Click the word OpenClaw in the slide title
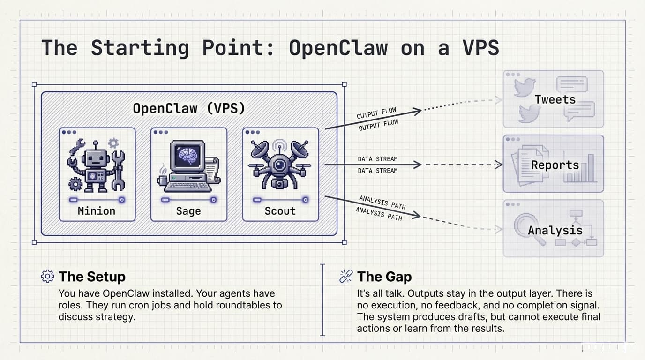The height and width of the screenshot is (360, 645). [x=338, y=48]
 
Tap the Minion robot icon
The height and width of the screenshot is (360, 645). [x=97, y=165]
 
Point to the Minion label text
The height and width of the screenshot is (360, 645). [x=97, y=211]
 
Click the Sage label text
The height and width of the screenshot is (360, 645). [x=188, y=211]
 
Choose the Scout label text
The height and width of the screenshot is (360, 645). [x=280, y=211]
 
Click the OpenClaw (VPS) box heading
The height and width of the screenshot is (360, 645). [x=188, y=108]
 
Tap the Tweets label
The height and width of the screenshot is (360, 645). [x=555, y=99]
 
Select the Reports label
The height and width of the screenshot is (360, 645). [x=555, y=165]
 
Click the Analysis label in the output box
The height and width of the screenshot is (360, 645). [x=555, y=230]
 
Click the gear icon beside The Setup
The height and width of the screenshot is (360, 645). [x=47, y=277]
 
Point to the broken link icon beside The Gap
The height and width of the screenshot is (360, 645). [x=346, y=277]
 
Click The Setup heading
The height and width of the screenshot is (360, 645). [x=92, y=277]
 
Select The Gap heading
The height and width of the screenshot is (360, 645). [x=384, y=277]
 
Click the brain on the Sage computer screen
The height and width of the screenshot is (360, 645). [x=187, y=153]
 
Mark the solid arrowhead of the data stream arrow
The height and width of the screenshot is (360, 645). [x=417, y=165]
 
